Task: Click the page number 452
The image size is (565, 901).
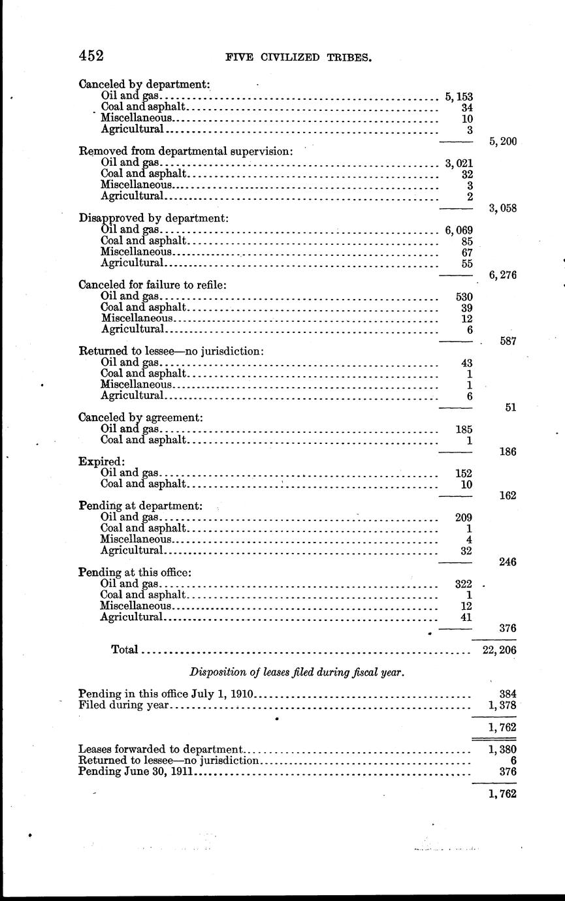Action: (91, 55)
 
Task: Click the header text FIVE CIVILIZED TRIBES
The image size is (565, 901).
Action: (299, 57)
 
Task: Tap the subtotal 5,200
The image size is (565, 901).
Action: (503, 140)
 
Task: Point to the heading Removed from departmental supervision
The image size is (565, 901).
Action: (186, 151)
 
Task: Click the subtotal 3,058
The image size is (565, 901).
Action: (503, 208)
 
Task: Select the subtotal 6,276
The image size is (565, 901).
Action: (503, 275)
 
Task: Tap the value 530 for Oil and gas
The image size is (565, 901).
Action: (463, 296)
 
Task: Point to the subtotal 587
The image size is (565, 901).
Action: (508, 341)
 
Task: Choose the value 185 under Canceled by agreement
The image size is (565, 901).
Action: (463, 430)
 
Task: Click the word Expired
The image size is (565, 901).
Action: (93, 461)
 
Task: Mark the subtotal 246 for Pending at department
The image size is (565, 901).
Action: (508, 561)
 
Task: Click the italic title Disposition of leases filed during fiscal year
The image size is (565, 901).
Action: (297, 672)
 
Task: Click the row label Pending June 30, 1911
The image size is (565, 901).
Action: (137, 772)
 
